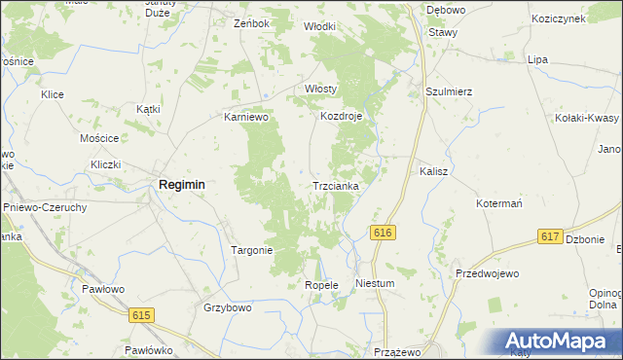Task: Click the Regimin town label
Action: pos(181,184)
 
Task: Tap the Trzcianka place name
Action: pos(336,185)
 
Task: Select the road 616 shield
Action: pos(383,232)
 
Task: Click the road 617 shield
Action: pos(550,236)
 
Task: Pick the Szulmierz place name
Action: pos(449,91)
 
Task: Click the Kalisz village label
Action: pos(433,170)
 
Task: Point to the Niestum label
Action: pos(375,284)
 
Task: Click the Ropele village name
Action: pos(320,285)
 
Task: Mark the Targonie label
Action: pos(251,250)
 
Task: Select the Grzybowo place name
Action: pos(228,307)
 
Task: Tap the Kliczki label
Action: pos(105,164)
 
